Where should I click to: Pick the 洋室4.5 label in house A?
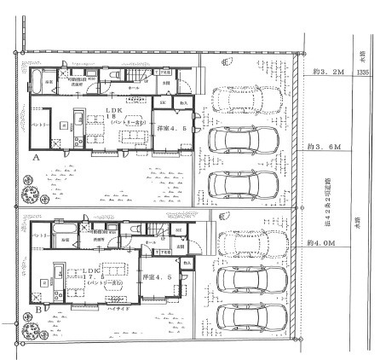170,129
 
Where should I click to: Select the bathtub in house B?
62,234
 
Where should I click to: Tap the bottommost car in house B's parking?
247,317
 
